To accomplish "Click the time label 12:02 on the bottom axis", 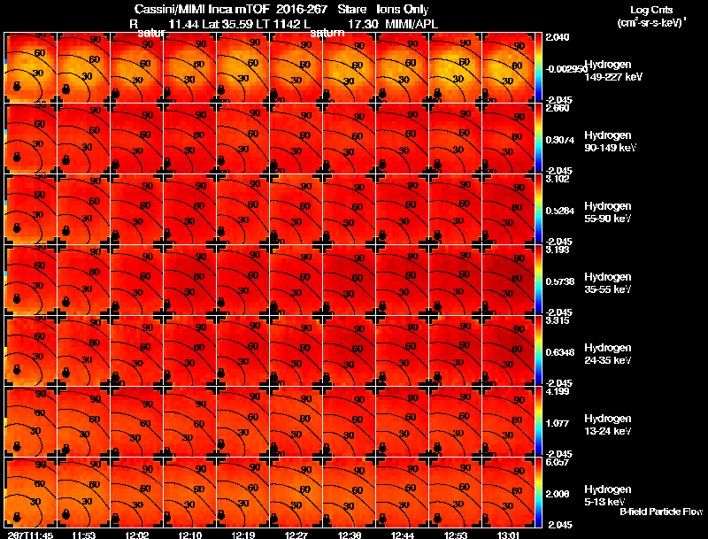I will (x=137, y=535).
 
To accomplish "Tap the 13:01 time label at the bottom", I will (x=509, y=535).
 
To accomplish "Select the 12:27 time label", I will (x=296, y=535).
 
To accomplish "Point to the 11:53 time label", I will (x=84, y=535).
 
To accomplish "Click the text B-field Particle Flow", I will (x=661, y=512).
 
